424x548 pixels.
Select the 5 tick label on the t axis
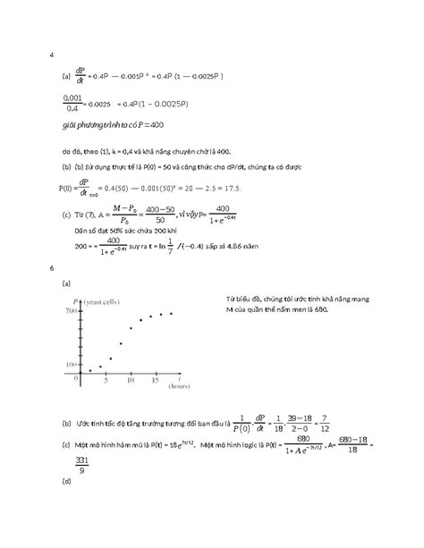[x=106, y=380]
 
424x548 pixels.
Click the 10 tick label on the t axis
[x=131, y=380]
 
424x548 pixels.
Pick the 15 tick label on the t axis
[x=156, y=380]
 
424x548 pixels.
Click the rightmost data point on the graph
[x=171, y=313]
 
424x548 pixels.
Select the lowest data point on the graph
[x=90, y=370]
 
